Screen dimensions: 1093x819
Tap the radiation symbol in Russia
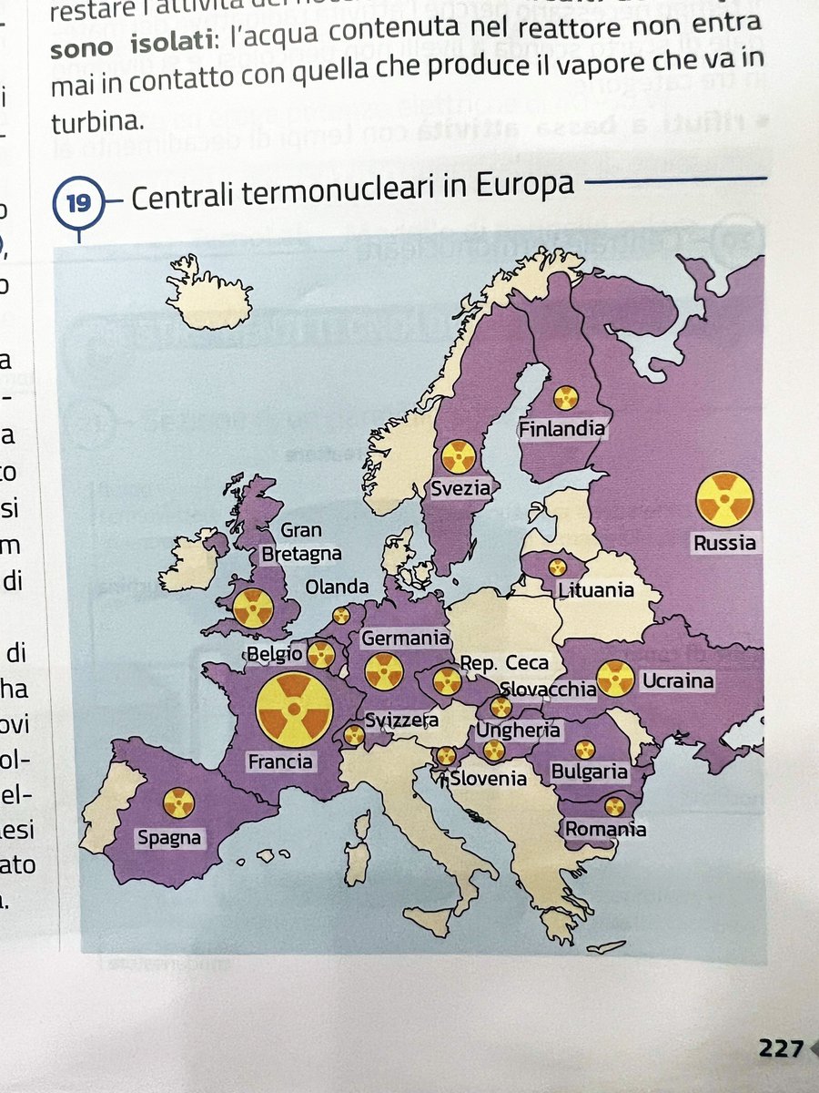(724, 499)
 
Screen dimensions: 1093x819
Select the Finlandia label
(561, 427)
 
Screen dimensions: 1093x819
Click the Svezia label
(460, 488)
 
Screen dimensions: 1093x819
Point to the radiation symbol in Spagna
(178, 802)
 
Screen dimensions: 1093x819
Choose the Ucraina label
(677, 680)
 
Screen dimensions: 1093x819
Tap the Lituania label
(595, 590)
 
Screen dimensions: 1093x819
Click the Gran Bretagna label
(301, 542)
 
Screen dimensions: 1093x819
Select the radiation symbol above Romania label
(615, 806)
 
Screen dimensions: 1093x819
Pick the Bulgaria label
(590, 772)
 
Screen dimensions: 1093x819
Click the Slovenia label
(489, 778)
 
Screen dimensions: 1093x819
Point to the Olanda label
(338, 587)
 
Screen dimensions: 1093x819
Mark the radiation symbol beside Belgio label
(320, 654)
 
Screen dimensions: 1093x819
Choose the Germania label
(405, 638)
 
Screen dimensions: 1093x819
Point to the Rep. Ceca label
(504, 663)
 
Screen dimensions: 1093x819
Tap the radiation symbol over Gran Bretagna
(253, 608)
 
